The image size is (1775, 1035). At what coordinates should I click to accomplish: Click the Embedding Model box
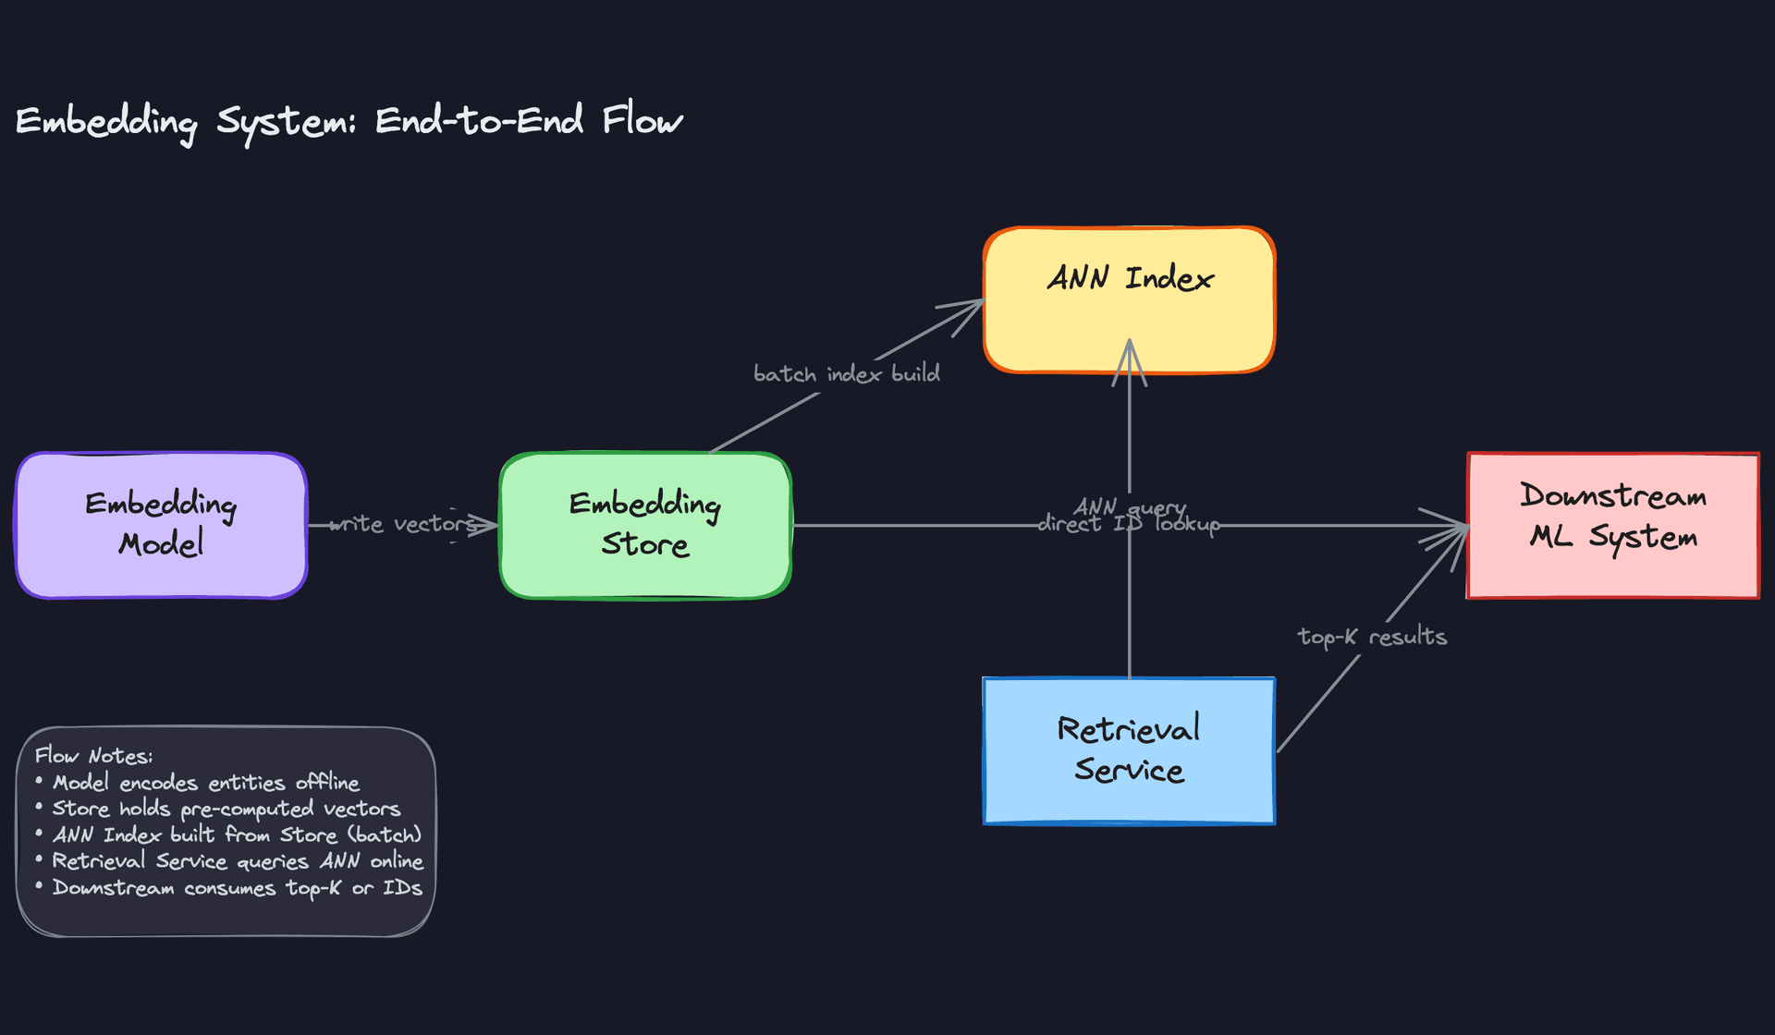pos(161,525)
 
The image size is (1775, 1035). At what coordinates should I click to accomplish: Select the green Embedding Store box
pos(645,525)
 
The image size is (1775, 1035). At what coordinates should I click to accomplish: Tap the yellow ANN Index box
pos(1129,300)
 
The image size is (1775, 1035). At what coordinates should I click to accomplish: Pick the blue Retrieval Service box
pos(1129,750)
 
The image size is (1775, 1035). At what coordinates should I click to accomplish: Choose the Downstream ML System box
pos(1612,525)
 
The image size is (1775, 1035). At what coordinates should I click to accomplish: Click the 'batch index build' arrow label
pos(846,374)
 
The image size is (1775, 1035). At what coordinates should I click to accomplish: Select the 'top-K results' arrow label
pos(1372,637)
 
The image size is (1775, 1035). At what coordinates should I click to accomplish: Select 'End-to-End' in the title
pos(479,121)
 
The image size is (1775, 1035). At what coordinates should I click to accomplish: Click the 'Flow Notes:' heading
pos(93,756)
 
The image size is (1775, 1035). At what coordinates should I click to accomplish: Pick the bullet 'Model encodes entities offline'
pos(205,783)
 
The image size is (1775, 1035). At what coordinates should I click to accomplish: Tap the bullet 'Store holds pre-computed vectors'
pos(226,809)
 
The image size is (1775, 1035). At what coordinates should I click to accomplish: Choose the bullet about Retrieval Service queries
pos(237,861)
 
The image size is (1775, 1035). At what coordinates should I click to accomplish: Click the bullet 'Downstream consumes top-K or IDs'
pos(237,888)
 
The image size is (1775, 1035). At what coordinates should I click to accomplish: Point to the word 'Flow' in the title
pos(643,121)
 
